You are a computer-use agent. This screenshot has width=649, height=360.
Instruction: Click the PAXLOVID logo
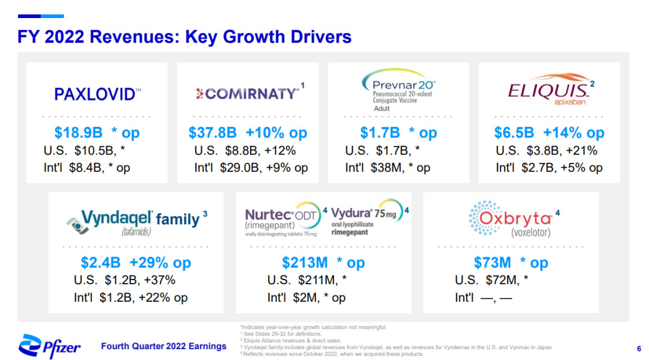97,94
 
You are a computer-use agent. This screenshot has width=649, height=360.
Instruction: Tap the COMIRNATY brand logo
248,94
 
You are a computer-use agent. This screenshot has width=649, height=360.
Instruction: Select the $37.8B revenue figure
213,133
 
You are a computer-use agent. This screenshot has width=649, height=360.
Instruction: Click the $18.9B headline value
78,133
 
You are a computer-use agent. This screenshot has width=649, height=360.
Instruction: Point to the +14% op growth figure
573,133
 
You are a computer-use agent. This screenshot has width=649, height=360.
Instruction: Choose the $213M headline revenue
305,263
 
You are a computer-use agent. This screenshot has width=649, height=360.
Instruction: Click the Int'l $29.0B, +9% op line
251,168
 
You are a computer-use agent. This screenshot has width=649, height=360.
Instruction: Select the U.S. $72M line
492,279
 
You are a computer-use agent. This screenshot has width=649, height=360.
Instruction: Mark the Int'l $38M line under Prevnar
388,168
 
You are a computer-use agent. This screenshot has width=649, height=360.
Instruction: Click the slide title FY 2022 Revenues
184,37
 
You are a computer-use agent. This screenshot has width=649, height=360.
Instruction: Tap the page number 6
638,347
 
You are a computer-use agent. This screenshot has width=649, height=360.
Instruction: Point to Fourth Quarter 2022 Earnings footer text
163,346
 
